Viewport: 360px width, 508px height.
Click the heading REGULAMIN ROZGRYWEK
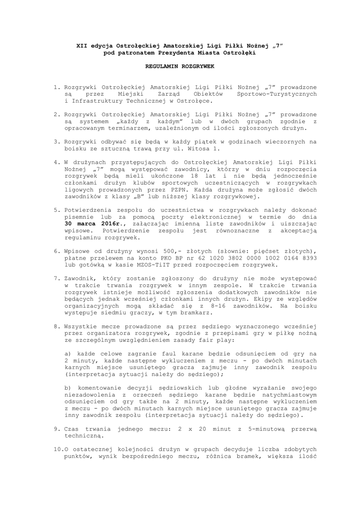pyautogui.click(x=180, y=65)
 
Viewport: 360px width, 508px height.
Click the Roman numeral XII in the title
pyautogui.click(x=82, y=46)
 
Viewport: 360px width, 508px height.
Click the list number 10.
pyautogui.click(x=58, y=448)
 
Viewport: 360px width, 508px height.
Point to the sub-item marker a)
pyautogui.click(x=69, y=353)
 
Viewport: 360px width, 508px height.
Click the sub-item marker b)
pyautogui.click(x=69, y=386)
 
